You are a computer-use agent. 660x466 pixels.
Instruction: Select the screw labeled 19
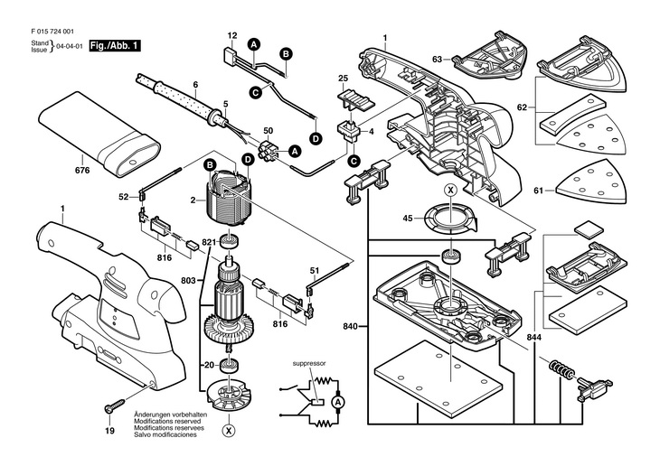click(x=111, y=408)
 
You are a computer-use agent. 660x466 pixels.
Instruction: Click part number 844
click(x=535, y=336)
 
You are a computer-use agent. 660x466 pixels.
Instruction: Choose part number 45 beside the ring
click(x=408, y=217)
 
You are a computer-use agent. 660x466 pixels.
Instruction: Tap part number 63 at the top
click(x=437, y=60)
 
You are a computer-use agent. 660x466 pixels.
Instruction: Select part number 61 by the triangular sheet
click(x=541, y=191)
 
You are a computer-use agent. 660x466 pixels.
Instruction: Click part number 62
click(x=522, y=107)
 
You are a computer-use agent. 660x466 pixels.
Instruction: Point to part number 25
click(x=344, y=79)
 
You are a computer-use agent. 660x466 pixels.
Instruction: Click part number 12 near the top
click(x=232, y=35)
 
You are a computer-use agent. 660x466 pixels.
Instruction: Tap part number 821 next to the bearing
click(x=208, y=242)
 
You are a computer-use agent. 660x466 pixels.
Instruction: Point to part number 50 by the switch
click(x=243, y=132)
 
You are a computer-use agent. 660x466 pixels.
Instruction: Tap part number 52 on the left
click(x=123, y=196)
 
